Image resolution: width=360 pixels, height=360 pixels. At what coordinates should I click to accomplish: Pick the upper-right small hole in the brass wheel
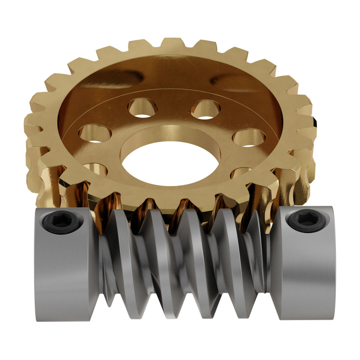pos(205,109)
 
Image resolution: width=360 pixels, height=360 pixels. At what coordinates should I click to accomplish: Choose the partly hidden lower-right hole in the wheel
pos(243,172)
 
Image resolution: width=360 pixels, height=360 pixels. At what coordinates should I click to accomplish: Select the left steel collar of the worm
pos(66,271)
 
